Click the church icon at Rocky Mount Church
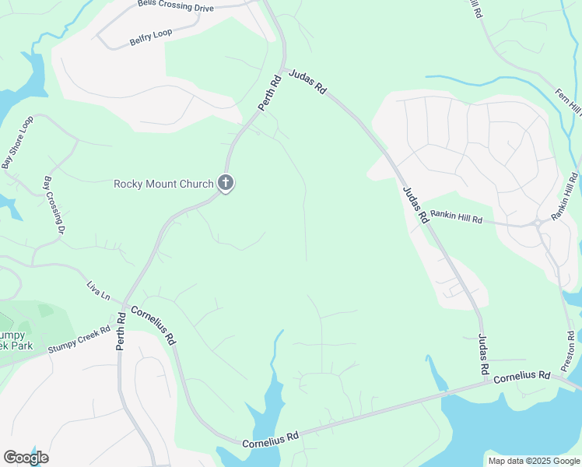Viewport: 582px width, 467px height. (x=226, y=184)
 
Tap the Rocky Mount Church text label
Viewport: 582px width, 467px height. (x=163, y=184)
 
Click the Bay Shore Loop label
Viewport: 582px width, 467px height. (x=17, y=142)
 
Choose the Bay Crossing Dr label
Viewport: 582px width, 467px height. (x=53, y=203)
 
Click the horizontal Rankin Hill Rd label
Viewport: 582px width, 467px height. (x=457, y=216)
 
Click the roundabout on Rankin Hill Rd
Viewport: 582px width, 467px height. (x=538, y=224)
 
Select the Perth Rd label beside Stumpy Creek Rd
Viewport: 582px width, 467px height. (x=121, y=331)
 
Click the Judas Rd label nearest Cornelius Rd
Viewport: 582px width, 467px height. (x=482, y=353)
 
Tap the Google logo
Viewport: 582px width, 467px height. (x=26, y=457)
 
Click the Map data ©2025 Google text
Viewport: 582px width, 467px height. (x=533, y=461)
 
